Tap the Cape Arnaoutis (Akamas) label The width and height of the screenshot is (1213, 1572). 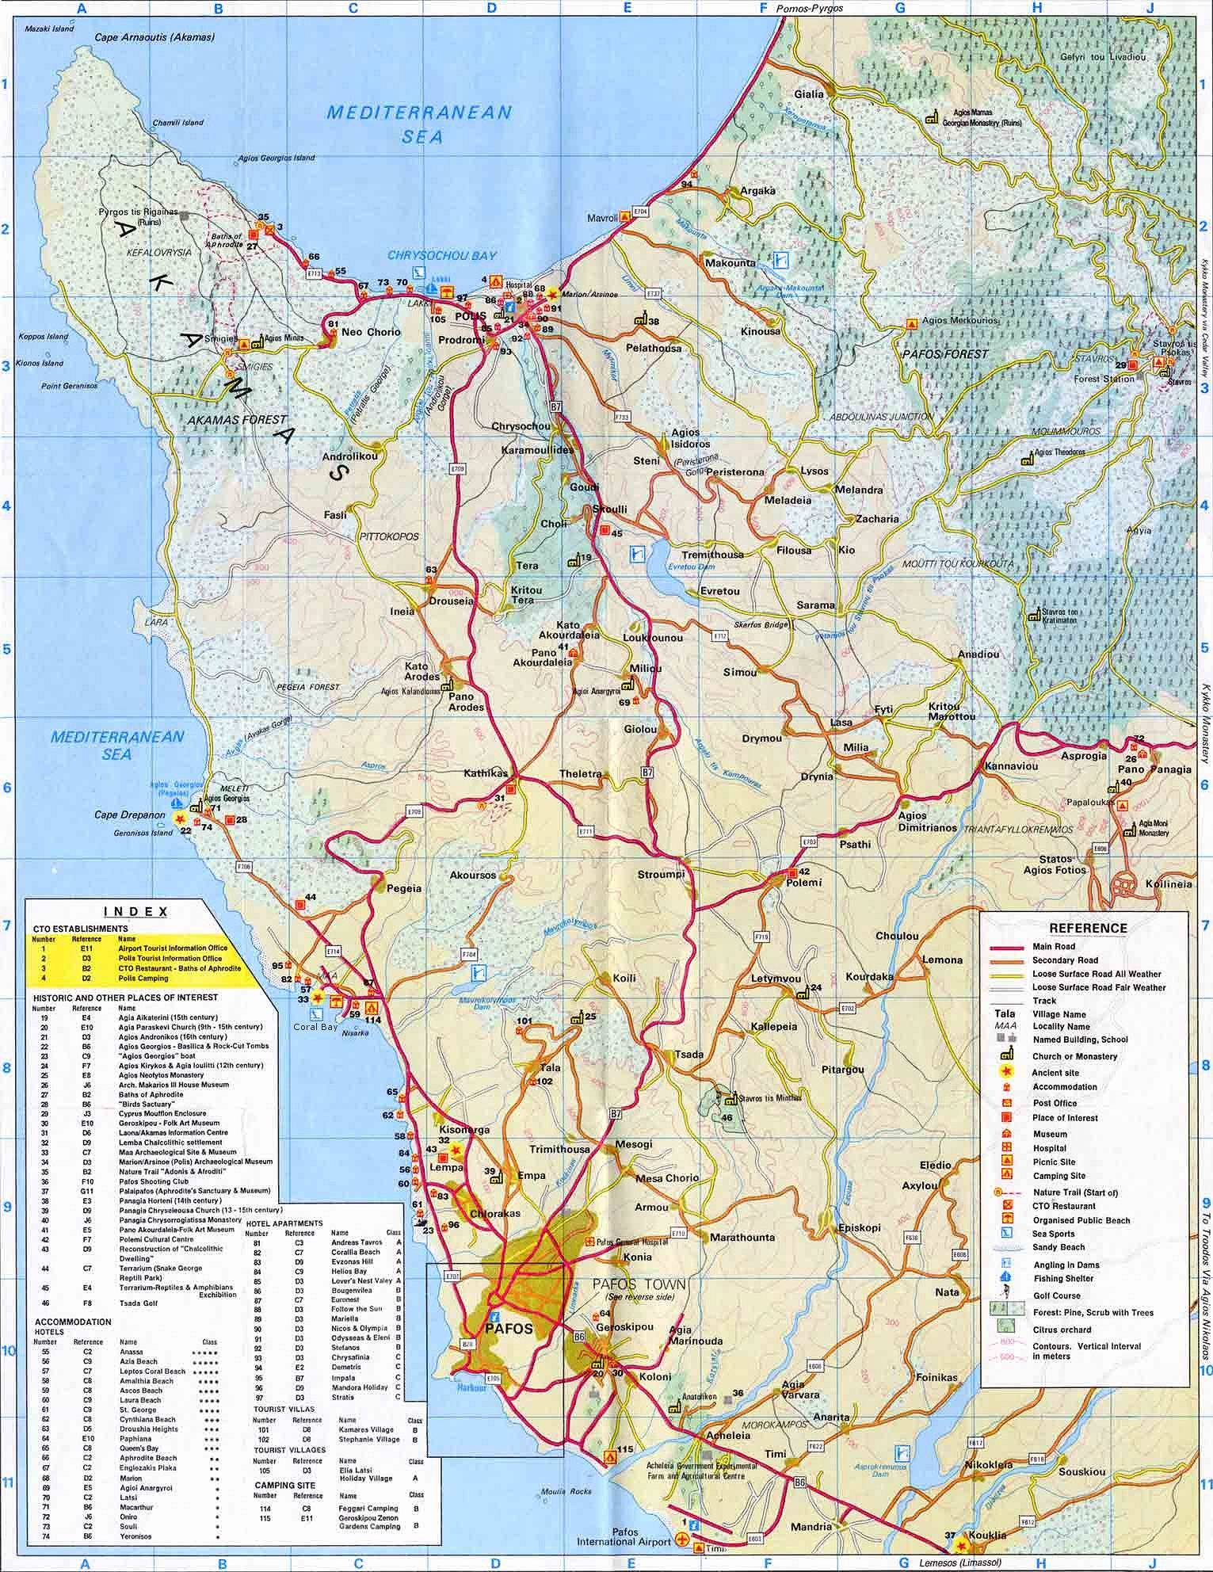click(x=154, y=36)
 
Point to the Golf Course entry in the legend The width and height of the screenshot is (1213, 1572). click(x=1057, y=1296)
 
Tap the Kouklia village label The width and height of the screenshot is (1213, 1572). click(x=986, y=1535)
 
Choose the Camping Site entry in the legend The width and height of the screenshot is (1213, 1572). click(x=1059, y=1176)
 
